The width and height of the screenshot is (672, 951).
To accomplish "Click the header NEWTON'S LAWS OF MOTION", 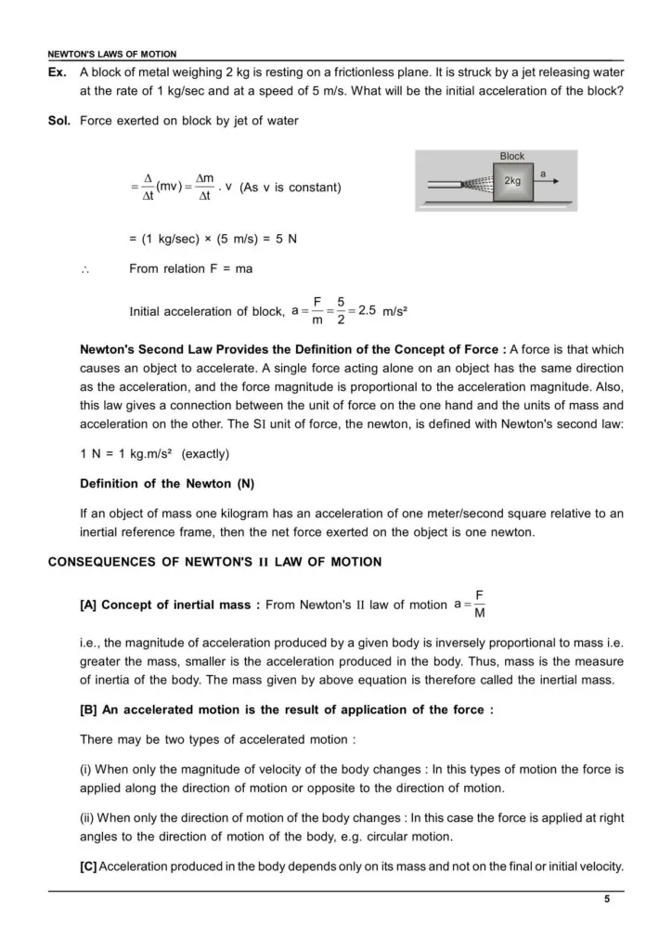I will (x=111, y=55).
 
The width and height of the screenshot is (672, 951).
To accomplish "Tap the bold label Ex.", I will (x=58, y=72).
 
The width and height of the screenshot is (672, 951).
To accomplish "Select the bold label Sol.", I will (x=59, y=121).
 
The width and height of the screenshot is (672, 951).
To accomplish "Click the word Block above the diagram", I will (x=512, y=156).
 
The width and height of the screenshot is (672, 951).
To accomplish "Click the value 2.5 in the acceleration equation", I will (x=367, y=310).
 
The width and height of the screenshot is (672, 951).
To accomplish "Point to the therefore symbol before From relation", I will (x=84, y=269).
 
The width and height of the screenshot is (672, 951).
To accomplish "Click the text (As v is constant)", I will (x=291, y=188).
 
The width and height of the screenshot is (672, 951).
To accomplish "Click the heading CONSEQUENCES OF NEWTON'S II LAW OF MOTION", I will (x=214, y=562).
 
